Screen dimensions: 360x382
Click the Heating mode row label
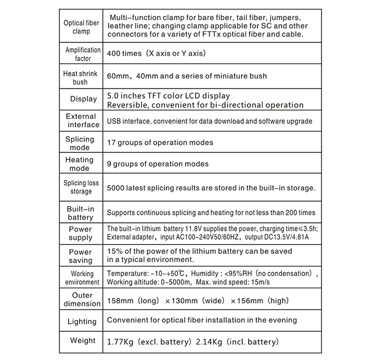[x=79, y=164]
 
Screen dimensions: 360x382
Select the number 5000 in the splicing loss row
[x=118, y=188]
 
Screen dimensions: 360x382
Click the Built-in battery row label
[x=80, y=213]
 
